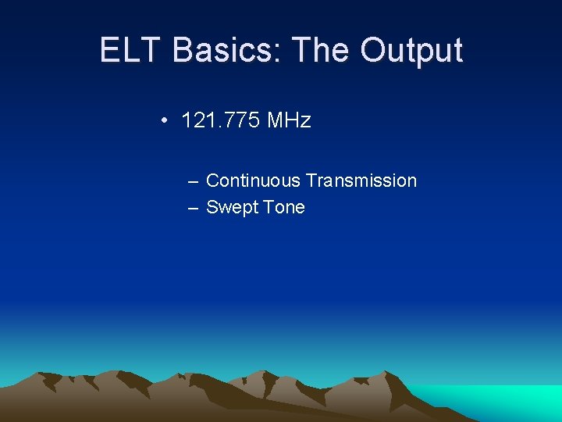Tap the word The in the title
click(x=322, y=50)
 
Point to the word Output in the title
click(x=411, y=50)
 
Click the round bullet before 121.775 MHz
click(x=165, y=120)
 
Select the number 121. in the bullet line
click(x=199, y=120)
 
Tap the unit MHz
click(x=289, y=120)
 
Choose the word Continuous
click(x=253, y=181)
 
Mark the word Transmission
click(x=361, y=181)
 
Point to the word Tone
click(x=284, y=207)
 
